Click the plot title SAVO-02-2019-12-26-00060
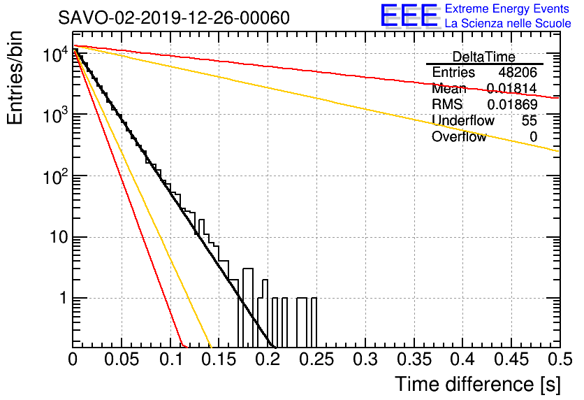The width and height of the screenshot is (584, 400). pos(173,17)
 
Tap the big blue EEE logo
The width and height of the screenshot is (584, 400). pos(409,15)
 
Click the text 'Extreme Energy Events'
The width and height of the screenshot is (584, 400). pos(506,8)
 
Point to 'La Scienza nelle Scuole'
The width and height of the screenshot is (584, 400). pos(508,23)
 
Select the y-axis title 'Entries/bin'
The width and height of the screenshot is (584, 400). pos(15,78)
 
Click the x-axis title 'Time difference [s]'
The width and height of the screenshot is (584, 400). pos(478,384)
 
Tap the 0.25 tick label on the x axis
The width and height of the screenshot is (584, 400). pos(316,359)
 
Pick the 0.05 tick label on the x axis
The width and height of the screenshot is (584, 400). pos(122,359)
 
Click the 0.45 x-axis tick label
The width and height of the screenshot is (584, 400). pos(511,359)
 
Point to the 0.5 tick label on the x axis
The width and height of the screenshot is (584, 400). pos(560,359)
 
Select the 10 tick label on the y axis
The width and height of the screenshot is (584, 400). pos(59,237)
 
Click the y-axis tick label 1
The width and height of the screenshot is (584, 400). pos(64,298)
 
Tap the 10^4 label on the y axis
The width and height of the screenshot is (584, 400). pos(55,55)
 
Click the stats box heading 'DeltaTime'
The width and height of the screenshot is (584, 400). pos(483,57)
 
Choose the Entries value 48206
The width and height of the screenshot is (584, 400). pos(518,72)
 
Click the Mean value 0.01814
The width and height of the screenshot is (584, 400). pos(512,88)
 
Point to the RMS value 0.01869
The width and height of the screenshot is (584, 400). pos(512,105)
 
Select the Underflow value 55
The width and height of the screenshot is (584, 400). pos(530,121)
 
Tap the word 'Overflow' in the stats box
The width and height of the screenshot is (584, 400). pos(459,137)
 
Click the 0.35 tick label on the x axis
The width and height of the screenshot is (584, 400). pos(414,359)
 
